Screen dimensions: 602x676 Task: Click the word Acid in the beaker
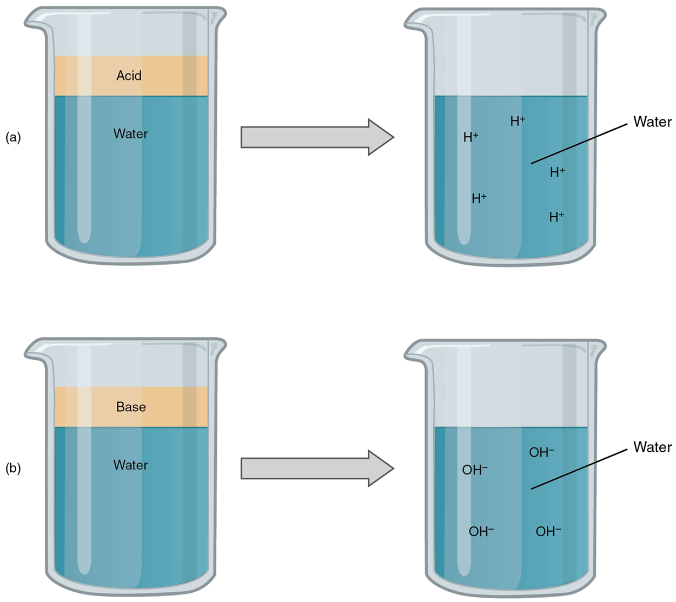[x=129, y=76]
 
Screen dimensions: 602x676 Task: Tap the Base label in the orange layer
[x=131, y=407]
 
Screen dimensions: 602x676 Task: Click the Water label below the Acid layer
[x=130, y=134]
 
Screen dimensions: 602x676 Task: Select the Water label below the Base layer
[x=130, y=465]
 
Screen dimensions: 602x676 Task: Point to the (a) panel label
[x=13, y=138]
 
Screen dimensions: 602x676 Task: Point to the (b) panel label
[x=13, y=469]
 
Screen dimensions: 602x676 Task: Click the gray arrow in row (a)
[x=316, y=137]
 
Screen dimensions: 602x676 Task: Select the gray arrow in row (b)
[x=316, y=468]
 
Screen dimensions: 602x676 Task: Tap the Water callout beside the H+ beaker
[x=652, y=122]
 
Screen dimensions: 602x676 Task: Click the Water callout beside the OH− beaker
[x=652, y=447]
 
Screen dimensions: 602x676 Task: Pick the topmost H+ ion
[x=518, y=121]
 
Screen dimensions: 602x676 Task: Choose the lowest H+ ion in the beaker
[x=556, y=217]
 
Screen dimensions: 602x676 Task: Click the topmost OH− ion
[x=541, y=453]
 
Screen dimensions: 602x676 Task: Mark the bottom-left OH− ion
[x=481, y=532]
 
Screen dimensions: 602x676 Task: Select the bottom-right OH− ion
[x=548, y=532]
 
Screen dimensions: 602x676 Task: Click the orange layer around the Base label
[x=81, y=407]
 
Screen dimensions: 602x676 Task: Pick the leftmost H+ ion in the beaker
[x=470, y=137]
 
